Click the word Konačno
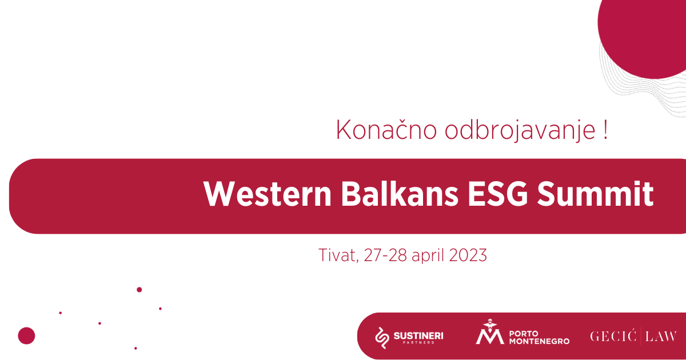(386, 130)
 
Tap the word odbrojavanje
(520, 130)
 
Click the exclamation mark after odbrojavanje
(605, 130)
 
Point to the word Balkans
(400, 194)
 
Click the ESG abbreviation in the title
(498, 194)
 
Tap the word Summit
(595, 194)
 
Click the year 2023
(468, 255)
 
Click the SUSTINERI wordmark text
(418, 335)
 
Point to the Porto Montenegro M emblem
(489, 332)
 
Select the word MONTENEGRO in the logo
(539, 341)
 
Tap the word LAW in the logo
(661, 337)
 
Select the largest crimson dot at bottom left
(27, 335)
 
